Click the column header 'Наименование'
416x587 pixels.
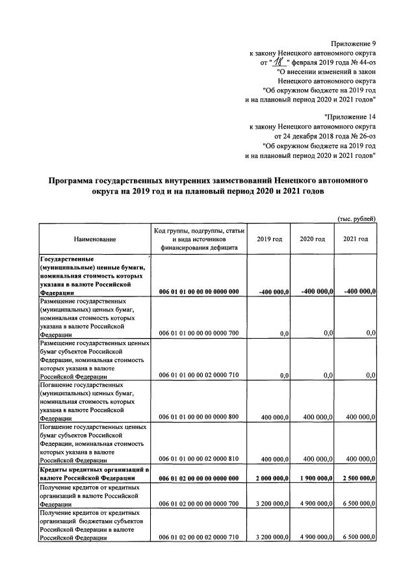pos(95,240)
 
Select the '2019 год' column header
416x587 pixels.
pos(269,239)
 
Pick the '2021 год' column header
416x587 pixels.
pos(356,239)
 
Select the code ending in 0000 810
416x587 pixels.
pos(199,459)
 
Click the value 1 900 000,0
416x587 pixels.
pos(313,478)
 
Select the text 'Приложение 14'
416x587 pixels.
pos(350,116)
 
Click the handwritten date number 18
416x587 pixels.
pos(280,62)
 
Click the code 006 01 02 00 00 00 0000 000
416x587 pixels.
pos(199,479)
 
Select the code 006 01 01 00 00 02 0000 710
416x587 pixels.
pos(199,375)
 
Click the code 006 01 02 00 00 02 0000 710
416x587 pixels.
pos(199,538)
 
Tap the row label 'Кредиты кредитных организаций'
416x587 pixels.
pos(94,469)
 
